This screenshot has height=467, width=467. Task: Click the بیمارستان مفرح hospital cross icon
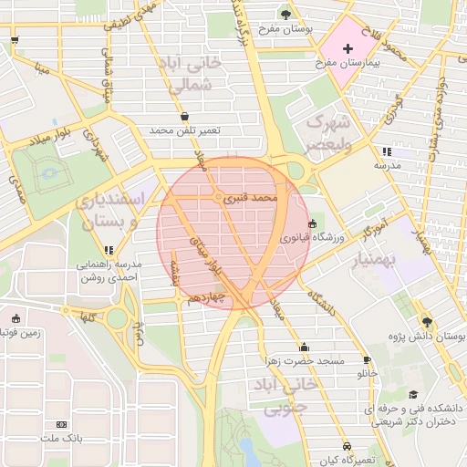click(348, 47)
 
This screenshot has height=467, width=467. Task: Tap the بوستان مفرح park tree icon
click(286, 15)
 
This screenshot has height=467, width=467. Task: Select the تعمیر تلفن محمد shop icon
click(186, 116)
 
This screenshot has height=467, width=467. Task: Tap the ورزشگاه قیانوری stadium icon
click(313, 223)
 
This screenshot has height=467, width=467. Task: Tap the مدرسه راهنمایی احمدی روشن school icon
click(109, 249)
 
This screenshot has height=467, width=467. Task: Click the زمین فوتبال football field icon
click(16, 318)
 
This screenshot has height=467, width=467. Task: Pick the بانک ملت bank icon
click(62, 424)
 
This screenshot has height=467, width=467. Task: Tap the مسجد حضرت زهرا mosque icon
click(304, 347)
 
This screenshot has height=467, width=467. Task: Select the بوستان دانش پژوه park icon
click(428, 321)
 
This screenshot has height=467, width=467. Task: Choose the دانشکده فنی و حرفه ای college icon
click(414, 395)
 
